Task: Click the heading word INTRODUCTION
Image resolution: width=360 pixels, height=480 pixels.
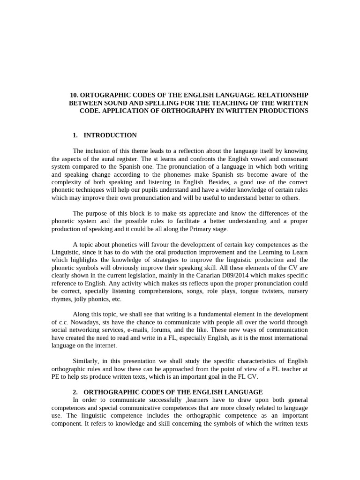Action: click(x=110, y=135)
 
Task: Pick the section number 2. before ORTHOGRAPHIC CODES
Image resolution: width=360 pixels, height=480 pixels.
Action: click(x=75, y=392)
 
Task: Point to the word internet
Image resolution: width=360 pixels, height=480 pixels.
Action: click(x=103, y=345)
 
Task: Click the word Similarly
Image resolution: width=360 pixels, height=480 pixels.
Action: click(x=87, y=361)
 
